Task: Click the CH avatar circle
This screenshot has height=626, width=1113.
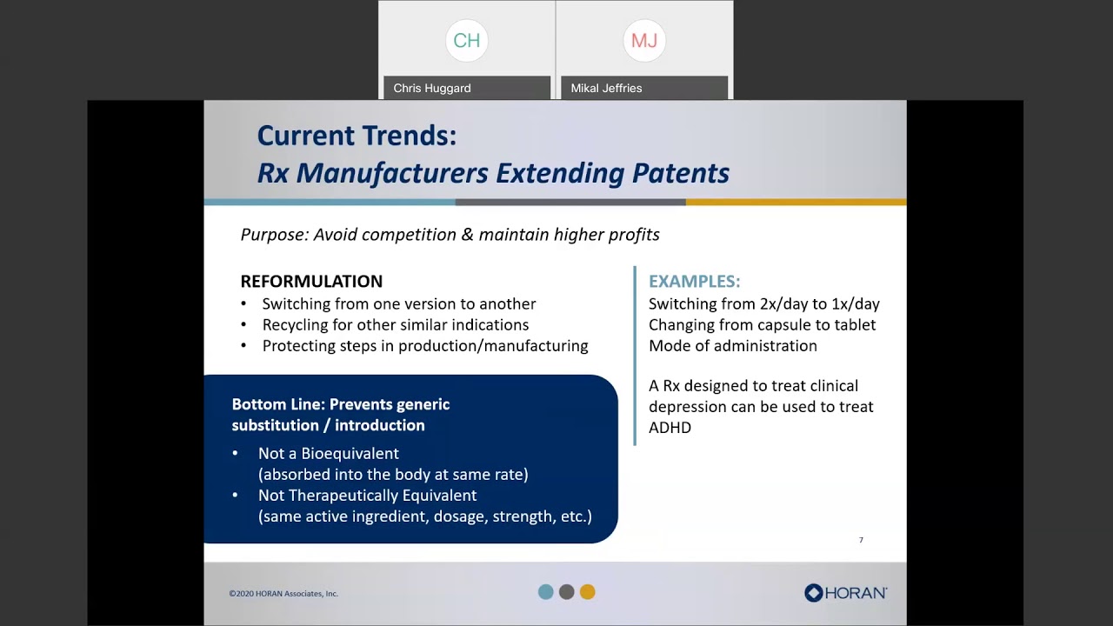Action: [x=467, y=41]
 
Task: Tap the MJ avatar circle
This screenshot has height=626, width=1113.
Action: [x=644, y=41]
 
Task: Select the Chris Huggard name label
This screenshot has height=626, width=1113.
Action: [x=432, y=88]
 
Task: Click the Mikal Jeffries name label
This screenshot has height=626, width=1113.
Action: [x=606, y=88]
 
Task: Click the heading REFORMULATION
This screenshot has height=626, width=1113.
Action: [x=311, y=282]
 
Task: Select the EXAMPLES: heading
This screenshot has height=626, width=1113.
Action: [x=694, y=282]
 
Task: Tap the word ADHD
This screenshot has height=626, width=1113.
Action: [x=670, y=428]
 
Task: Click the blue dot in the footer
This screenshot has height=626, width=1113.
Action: [x=546, y=592]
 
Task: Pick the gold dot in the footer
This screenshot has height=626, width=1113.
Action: [x=588, y=592]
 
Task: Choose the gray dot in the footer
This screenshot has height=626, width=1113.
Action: [x=567, y=592]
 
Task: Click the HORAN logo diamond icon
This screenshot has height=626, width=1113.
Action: [x=813, y=593]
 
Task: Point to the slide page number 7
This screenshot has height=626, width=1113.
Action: [x=861, y=540]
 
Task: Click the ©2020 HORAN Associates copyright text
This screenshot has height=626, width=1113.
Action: [x=283, y=594]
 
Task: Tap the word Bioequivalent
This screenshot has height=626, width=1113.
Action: [x=350, y=454]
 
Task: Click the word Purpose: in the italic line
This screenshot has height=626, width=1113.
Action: [x=274, y=235]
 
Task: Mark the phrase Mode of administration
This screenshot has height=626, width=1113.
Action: [x=732, y=346]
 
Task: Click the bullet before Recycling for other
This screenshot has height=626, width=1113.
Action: [x=243, y=325]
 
